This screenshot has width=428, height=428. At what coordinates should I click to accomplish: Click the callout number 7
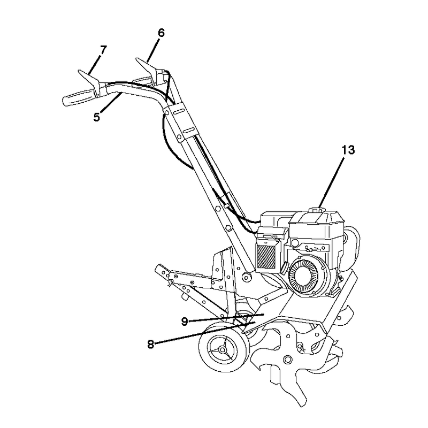103,50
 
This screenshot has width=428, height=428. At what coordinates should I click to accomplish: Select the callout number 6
162,33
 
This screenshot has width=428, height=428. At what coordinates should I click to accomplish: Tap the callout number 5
97,117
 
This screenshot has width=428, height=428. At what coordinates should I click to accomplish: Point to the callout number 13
348,150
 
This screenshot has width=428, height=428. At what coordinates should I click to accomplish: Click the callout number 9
185,322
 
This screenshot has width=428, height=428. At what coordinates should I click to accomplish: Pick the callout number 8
151,344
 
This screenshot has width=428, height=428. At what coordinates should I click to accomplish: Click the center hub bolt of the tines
287,359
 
